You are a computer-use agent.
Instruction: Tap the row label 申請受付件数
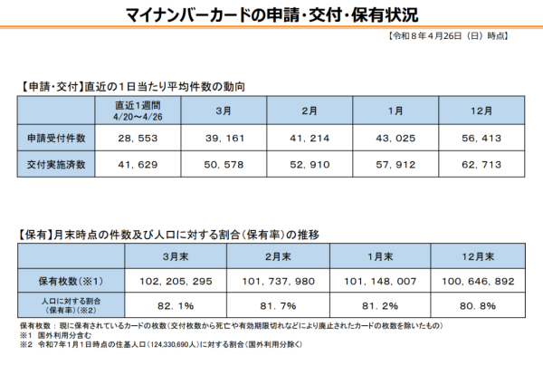tap(57, 138)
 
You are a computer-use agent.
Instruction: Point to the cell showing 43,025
tap(395, 138)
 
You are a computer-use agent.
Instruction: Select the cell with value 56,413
tap(481, 138)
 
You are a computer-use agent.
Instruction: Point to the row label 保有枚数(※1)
tap(71, 281)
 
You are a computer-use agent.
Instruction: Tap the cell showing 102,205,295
tap(176, 281)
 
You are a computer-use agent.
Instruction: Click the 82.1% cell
tap(176, 305)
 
